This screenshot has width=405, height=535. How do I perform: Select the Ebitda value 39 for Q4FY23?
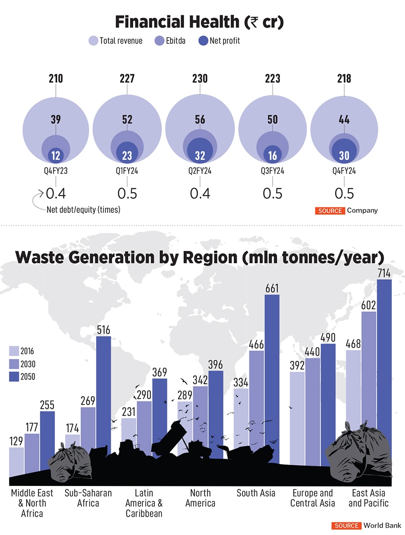pyautogui.click(x=55, y=119)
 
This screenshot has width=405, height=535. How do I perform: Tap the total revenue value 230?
pyautogui.click(x=200, y=79)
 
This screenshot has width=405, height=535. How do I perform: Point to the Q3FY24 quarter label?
pyautogui.click(x=273, y=171)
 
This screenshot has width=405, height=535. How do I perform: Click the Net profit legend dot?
pyautogui.click(x=203, y=41)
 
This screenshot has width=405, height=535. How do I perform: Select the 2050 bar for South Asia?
pyautogui.click(x=272, y=378)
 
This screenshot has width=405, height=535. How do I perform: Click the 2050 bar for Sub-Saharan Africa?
pyautogui.click(x=103, y=396)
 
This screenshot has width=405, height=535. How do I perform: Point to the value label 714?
pyautogui.click(x=384, y=273)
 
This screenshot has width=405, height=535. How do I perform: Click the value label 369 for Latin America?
pyautogui.click(x=159, y=372)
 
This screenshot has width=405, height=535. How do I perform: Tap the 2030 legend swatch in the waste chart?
pyautogui.click(x=14, y=364)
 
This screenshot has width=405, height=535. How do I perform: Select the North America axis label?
pyautogui.click(x=200, y=498)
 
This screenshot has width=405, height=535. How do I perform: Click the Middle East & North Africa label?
pyautogui.click(x=32, y=503)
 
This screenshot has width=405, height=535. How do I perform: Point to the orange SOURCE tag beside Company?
pyautogui.click(x=330, y=211)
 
